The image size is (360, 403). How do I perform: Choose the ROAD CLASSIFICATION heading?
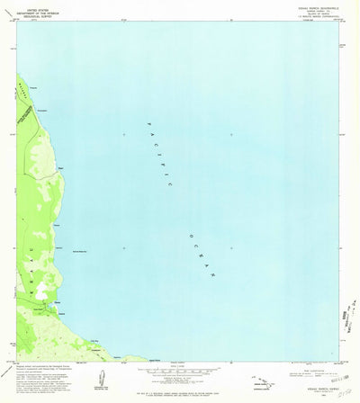(x=301, y=368)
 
